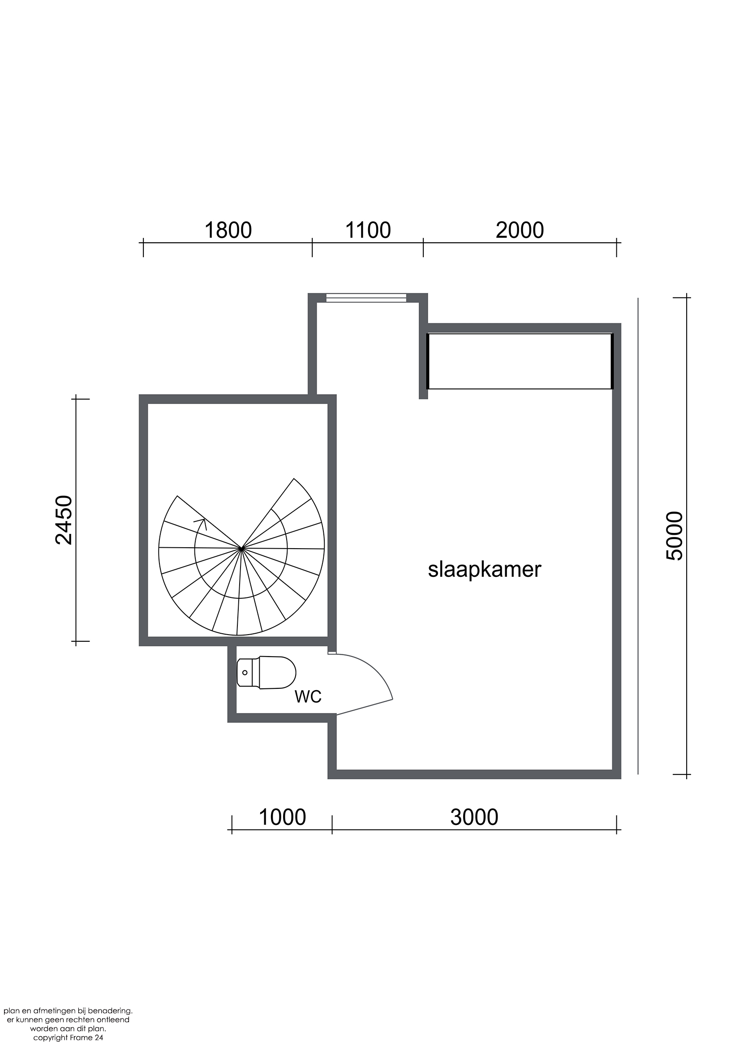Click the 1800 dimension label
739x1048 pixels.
pos(228,231)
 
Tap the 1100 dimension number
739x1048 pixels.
pos(368,231)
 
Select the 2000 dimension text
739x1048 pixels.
pos(520,231)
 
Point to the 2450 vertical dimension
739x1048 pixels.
pos(64,520)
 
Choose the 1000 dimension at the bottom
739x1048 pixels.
pos(282,817)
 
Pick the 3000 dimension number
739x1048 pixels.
pos(474,817)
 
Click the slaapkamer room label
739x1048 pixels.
pos(484,570)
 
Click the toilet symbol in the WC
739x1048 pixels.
pos(266,672)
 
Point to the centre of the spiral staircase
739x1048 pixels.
pos(241,548)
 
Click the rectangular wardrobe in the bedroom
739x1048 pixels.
pos(520,361)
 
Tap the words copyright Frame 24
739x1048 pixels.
pos(69,1038)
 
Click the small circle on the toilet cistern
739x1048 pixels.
pos(245,672)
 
